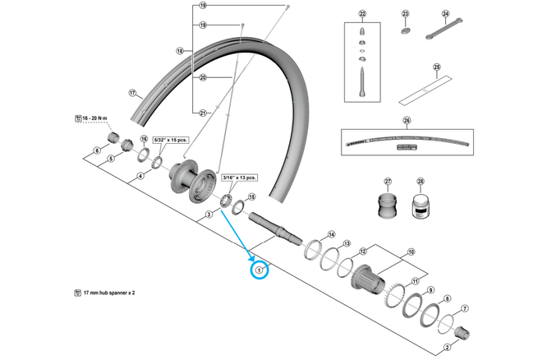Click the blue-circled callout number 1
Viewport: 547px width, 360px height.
pos(260,268)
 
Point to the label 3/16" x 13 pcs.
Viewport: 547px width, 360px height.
pos(239,177)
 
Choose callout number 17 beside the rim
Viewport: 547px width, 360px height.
pos(132,93)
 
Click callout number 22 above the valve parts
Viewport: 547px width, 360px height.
pos(363,15)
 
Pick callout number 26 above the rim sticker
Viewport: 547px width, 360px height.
pos(406,121)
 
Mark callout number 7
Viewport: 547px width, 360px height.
pos(465,309)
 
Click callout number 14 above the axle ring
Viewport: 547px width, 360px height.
pos(331,234)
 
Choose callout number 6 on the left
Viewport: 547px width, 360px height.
pos(96,150)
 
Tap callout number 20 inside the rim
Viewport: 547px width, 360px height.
pos(202,78)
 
